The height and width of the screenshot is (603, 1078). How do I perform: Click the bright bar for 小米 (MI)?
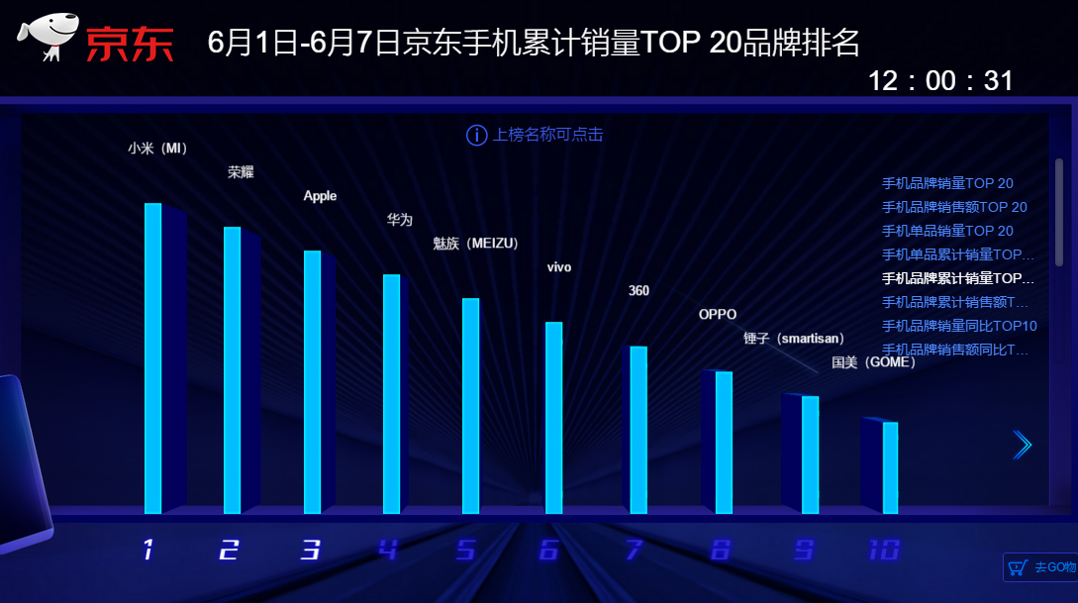tap(152, 358)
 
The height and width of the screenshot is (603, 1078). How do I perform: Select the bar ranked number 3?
tap(312, 382)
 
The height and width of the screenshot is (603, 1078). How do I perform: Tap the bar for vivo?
tap(553, 418)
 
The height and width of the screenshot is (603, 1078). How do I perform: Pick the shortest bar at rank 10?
tap(890, 467)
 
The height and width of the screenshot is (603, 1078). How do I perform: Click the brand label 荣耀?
tap(241, 172)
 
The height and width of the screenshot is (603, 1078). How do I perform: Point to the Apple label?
tap(320, 196)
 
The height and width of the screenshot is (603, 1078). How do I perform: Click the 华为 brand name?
tap(399, 220)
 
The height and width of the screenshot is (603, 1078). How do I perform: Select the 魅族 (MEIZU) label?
tap(476, 244)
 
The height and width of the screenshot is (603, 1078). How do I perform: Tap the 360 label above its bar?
tap(638, 291)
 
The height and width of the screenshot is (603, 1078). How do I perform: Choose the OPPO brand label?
tap(718, 315)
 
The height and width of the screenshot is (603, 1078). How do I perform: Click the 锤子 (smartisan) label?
tap(794, 339)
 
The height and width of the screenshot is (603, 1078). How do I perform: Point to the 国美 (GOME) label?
tap(873, 362)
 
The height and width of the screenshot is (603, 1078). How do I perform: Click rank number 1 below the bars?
tap(148, 550)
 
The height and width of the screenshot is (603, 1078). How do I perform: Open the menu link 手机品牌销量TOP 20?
tap(947, 183)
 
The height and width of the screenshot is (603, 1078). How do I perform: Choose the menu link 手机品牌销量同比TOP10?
tap(959, 326)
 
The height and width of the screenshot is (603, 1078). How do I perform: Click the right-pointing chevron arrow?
tap(1023, 446)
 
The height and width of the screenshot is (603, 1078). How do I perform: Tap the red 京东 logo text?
tap(130, 44)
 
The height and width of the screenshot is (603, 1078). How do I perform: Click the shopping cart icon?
tap(1017, 567)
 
